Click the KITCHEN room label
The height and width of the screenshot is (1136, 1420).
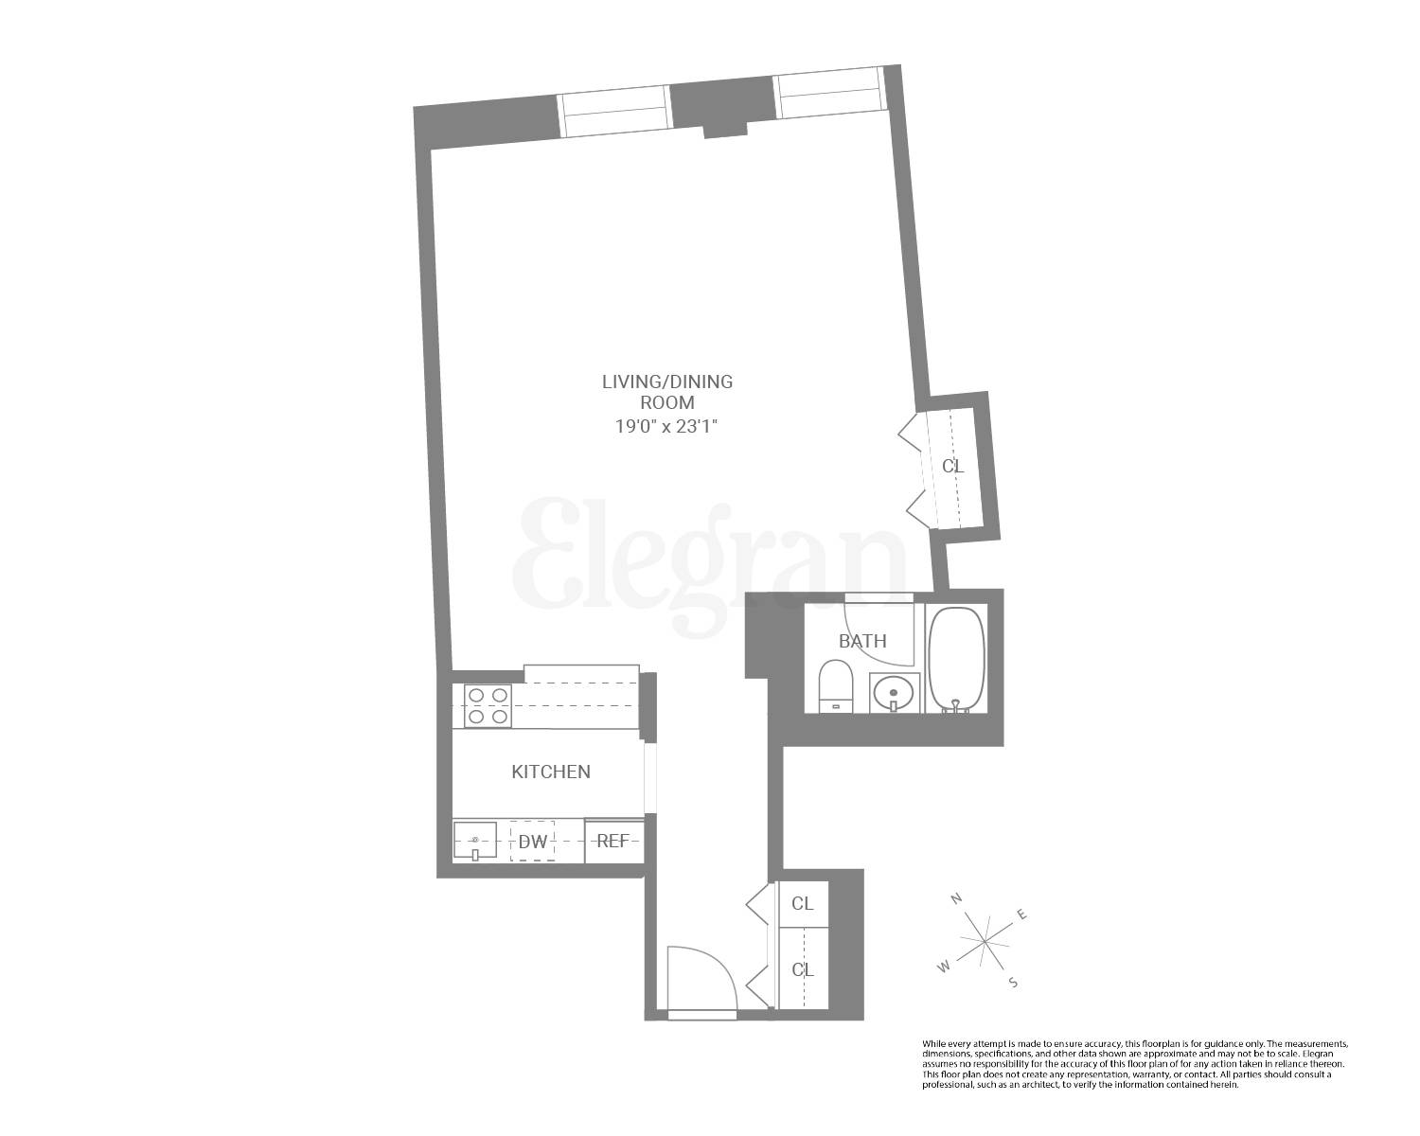550,772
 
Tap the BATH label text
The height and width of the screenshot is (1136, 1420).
862,641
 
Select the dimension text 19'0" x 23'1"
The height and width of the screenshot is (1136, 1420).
667,426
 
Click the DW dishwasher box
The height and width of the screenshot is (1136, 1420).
532,841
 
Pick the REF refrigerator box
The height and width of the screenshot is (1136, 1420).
613,841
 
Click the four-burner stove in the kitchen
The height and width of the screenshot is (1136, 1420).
488,706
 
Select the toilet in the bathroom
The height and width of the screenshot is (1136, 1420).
835,686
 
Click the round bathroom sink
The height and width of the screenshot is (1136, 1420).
894,693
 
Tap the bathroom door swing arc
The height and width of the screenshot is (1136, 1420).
879,634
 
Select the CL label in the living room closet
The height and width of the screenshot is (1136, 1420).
952,466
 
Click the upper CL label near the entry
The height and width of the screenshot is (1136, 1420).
802,903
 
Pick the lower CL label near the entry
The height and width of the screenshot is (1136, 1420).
802,970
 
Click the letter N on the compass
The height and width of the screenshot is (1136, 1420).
957,897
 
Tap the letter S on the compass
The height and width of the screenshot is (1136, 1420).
1012,982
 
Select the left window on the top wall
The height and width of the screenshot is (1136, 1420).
614,113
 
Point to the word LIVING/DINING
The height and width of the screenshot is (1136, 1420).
667,382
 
